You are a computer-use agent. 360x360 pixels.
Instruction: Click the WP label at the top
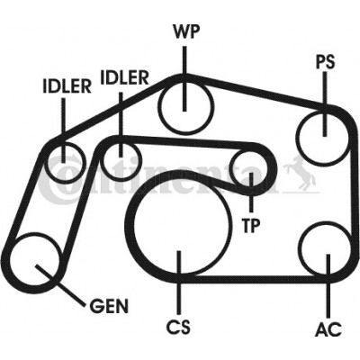point(186,31)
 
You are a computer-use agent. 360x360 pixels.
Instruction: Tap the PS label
point(325,62)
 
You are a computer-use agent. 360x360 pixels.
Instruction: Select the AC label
point(328,328)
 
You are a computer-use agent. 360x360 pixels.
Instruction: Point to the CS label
point(178,327)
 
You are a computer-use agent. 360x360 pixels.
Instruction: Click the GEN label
point(109,306)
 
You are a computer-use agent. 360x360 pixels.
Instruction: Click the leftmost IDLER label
point(67,86)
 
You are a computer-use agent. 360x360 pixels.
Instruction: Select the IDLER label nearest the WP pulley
point(124,77)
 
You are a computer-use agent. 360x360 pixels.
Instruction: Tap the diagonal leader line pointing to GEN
point(61,285)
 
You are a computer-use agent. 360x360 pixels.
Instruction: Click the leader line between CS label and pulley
point(179,283)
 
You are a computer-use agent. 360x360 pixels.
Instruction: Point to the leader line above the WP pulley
point(184,79)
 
